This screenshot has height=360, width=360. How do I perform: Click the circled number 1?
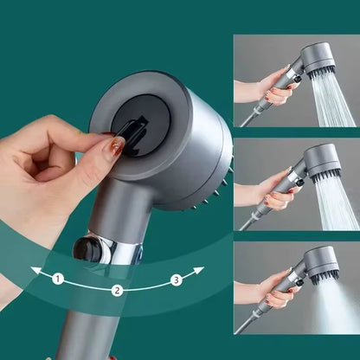tap(58, 279)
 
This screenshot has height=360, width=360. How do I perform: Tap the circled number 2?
tap(116, 290)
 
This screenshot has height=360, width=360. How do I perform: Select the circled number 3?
tap(177, 279)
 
